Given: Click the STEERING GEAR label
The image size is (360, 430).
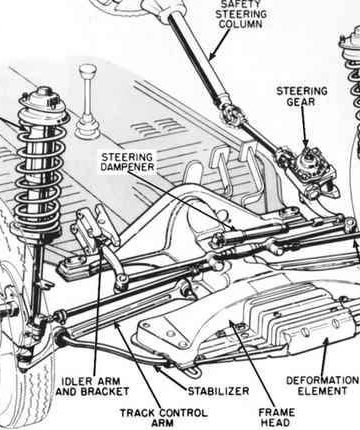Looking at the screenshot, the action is (302, 96).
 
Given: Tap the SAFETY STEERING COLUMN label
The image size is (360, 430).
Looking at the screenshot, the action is (241, 14).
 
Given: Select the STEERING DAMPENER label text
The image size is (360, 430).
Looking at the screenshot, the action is (127, 162).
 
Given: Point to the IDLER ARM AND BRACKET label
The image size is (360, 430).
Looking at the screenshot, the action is (92, 386).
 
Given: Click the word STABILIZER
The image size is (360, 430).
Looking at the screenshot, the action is (218, 391).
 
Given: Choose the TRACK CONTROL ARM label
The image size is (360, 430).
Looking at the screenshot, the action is (163, 418).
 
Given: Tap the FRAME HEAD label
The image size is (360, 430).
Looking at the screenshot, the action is (276, 417).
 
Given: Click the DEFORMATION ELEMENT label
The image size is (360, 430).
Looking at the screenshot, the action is (322, 386).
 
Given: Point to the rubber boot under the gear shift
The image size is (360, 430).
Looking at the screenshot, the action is (87, 128).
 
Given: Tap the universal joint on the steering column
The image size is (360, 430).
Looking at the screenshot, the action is (230, 113).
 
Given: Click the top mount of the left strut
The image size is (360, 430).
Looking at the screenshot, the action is (43, 100).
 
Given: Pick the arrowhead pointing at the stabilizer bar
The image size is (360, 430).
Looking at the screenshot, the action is (158, 369).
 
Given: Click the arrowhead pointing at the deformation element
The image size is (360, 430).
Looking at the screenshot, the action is (326, 342).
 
